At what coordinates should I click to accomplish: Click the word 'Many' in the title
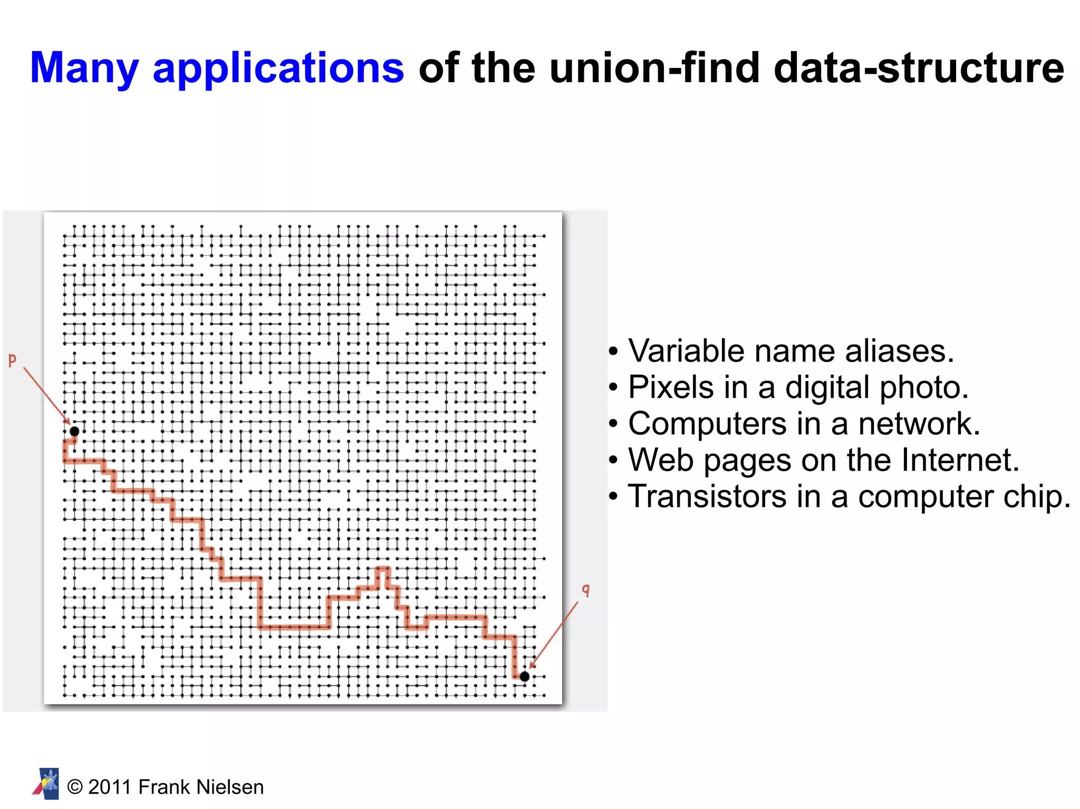point(84,69)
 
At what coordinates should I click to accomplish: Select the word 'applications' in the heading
point(278,69)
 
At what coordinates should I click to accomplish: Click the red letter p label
point(12,360)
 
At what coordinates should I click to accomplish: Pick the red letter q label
point(585,590)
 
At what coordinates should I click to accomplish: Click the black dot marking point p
point(74,431)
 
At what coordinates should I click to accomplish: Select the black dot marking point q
point(524,676)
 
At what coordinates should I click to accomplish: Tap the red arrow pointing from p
point(46,395)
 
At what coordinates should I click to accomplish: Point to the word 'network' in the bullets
point(918,424)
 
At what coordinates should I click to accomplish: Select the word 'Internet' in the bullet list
point(959,460)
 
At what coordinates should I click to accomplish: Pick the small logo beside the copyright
point(46,784)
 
